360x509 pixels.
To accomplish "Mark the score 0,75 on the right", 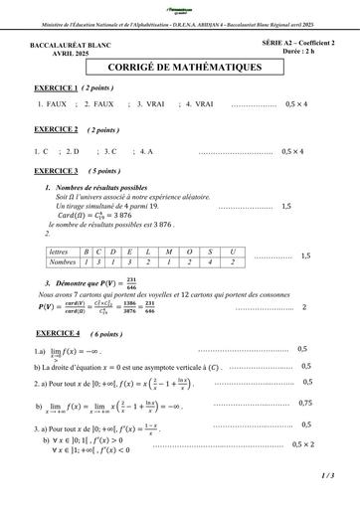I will tap(304, 403).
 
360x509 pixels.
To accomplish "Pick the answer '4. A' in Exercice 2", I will tap(144, 151).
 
